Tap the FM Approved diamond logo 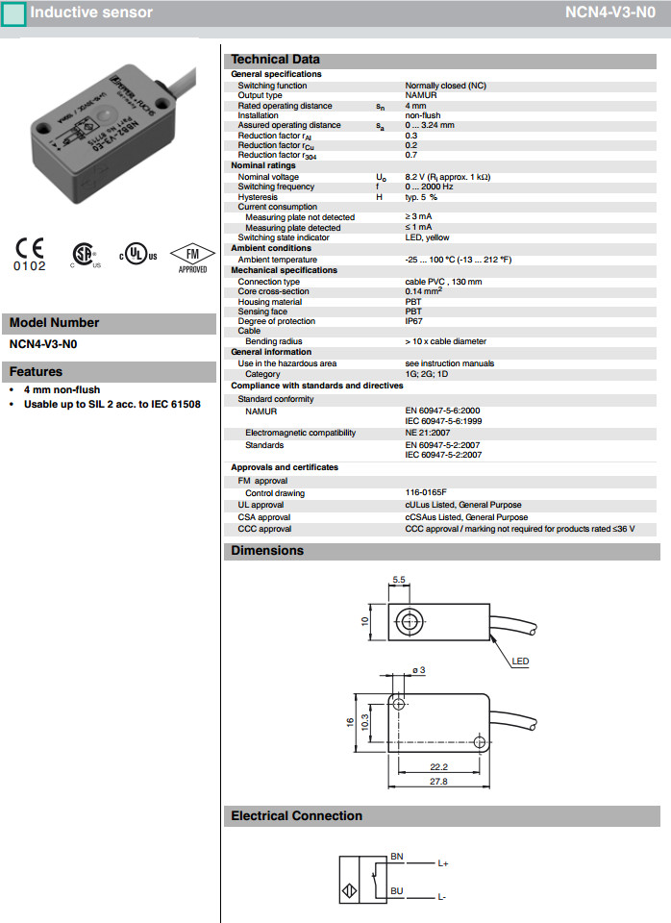(x=192, y=256)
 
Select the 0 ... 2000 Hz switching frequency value (x=429, y=187)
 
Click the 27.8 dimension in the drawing (x=438, y=781)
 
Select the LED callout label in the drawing (x=520, y=661)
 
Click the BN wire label (x=397, y=855)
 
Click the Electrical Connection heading (x=297, y=816)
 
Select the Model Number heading (x=54, y=323)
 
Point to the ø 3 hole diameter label (x=417, y=669)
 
